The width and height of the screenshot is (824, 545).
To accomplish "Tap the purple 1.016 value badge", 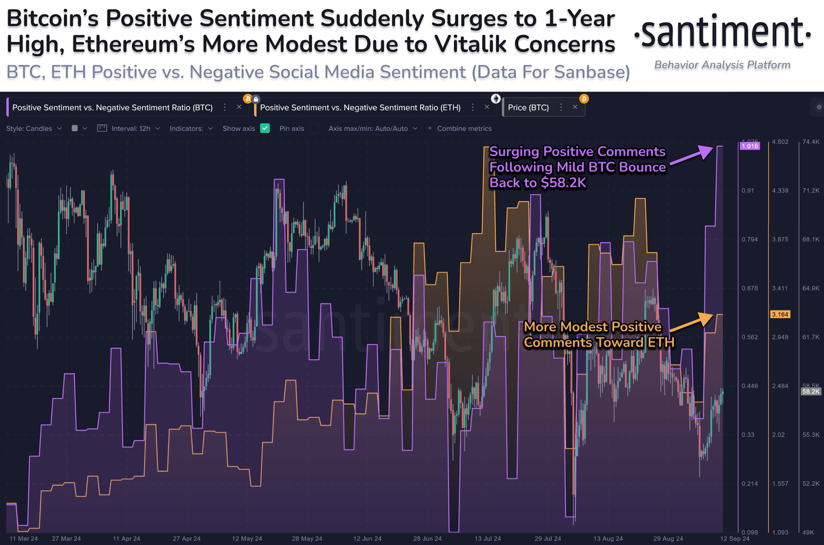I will click(749, 146).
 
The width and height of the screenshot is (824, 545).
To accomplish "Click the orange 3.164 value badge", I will click(780, 314).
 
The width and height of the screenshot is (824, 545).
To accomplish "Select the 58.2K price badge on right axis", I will click(811, 392).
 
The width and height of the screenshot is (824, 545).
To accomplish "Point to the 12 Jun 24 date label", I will click(367, 539).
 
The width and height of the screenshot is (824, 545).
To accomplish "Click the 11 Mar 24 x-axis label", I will click(24, 539).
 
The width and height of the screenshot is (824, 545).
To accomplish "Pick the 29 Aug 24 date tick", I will click(668, 539).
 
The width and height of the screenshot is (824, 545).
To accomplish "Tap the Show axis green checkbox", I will click(265, 128).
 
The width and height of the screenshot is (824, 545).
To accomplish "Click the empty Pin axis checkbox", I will click(314, 128).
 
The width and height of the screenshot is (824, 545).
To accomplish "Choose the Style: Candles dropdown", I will click(34, 129).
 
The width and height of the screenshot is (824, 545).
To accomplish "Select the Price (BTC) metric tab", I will click(528, 107).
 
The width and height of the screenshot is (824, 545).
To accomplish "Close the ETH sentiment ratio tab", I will click(487, 107).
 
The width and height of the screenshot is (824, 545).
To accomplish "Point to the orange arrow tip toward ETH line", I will click(712, 315).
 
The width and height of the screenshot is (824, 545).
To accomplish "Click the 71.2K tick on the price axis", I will click(811, 190).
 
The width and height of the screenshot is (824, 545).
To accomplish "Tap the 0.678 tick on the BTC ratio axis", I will click(749, 288).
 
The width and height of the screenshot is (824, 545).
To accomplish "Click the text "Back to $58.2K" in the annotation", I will click(538, 183).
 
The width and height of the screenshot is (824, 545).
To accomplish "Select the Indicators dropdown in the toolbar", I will click(191, 129).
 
